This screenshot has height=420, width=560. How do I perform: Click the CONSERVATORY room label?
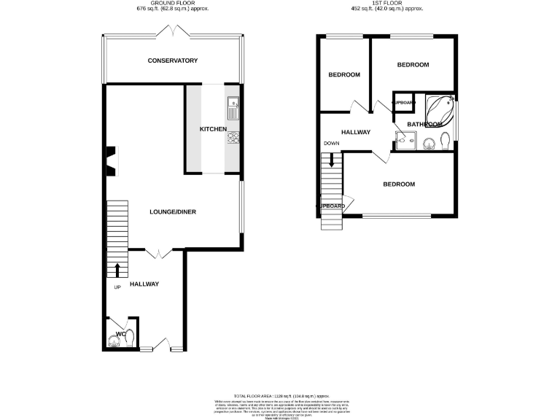(x=173, y=61)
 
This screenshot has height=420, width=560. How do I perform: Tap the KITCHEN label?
(x=214, y=129)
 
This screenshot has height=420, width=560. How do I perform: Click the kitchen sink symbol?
(x=233, y=109)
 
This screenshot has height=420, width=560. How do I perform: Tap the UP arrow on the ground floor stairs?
(x=117, y=270)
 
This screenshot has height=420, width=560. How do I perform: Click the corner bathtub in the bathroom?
(x=441, y=109)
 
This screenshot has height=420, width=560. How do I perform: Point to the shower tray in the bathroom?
(x=403, y=140)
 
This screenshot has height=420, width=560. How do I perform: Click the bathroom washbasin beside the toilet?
(x=429, y=142)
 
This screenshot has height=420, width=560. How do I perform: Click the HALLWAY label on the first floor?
(x=356, y=132)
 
